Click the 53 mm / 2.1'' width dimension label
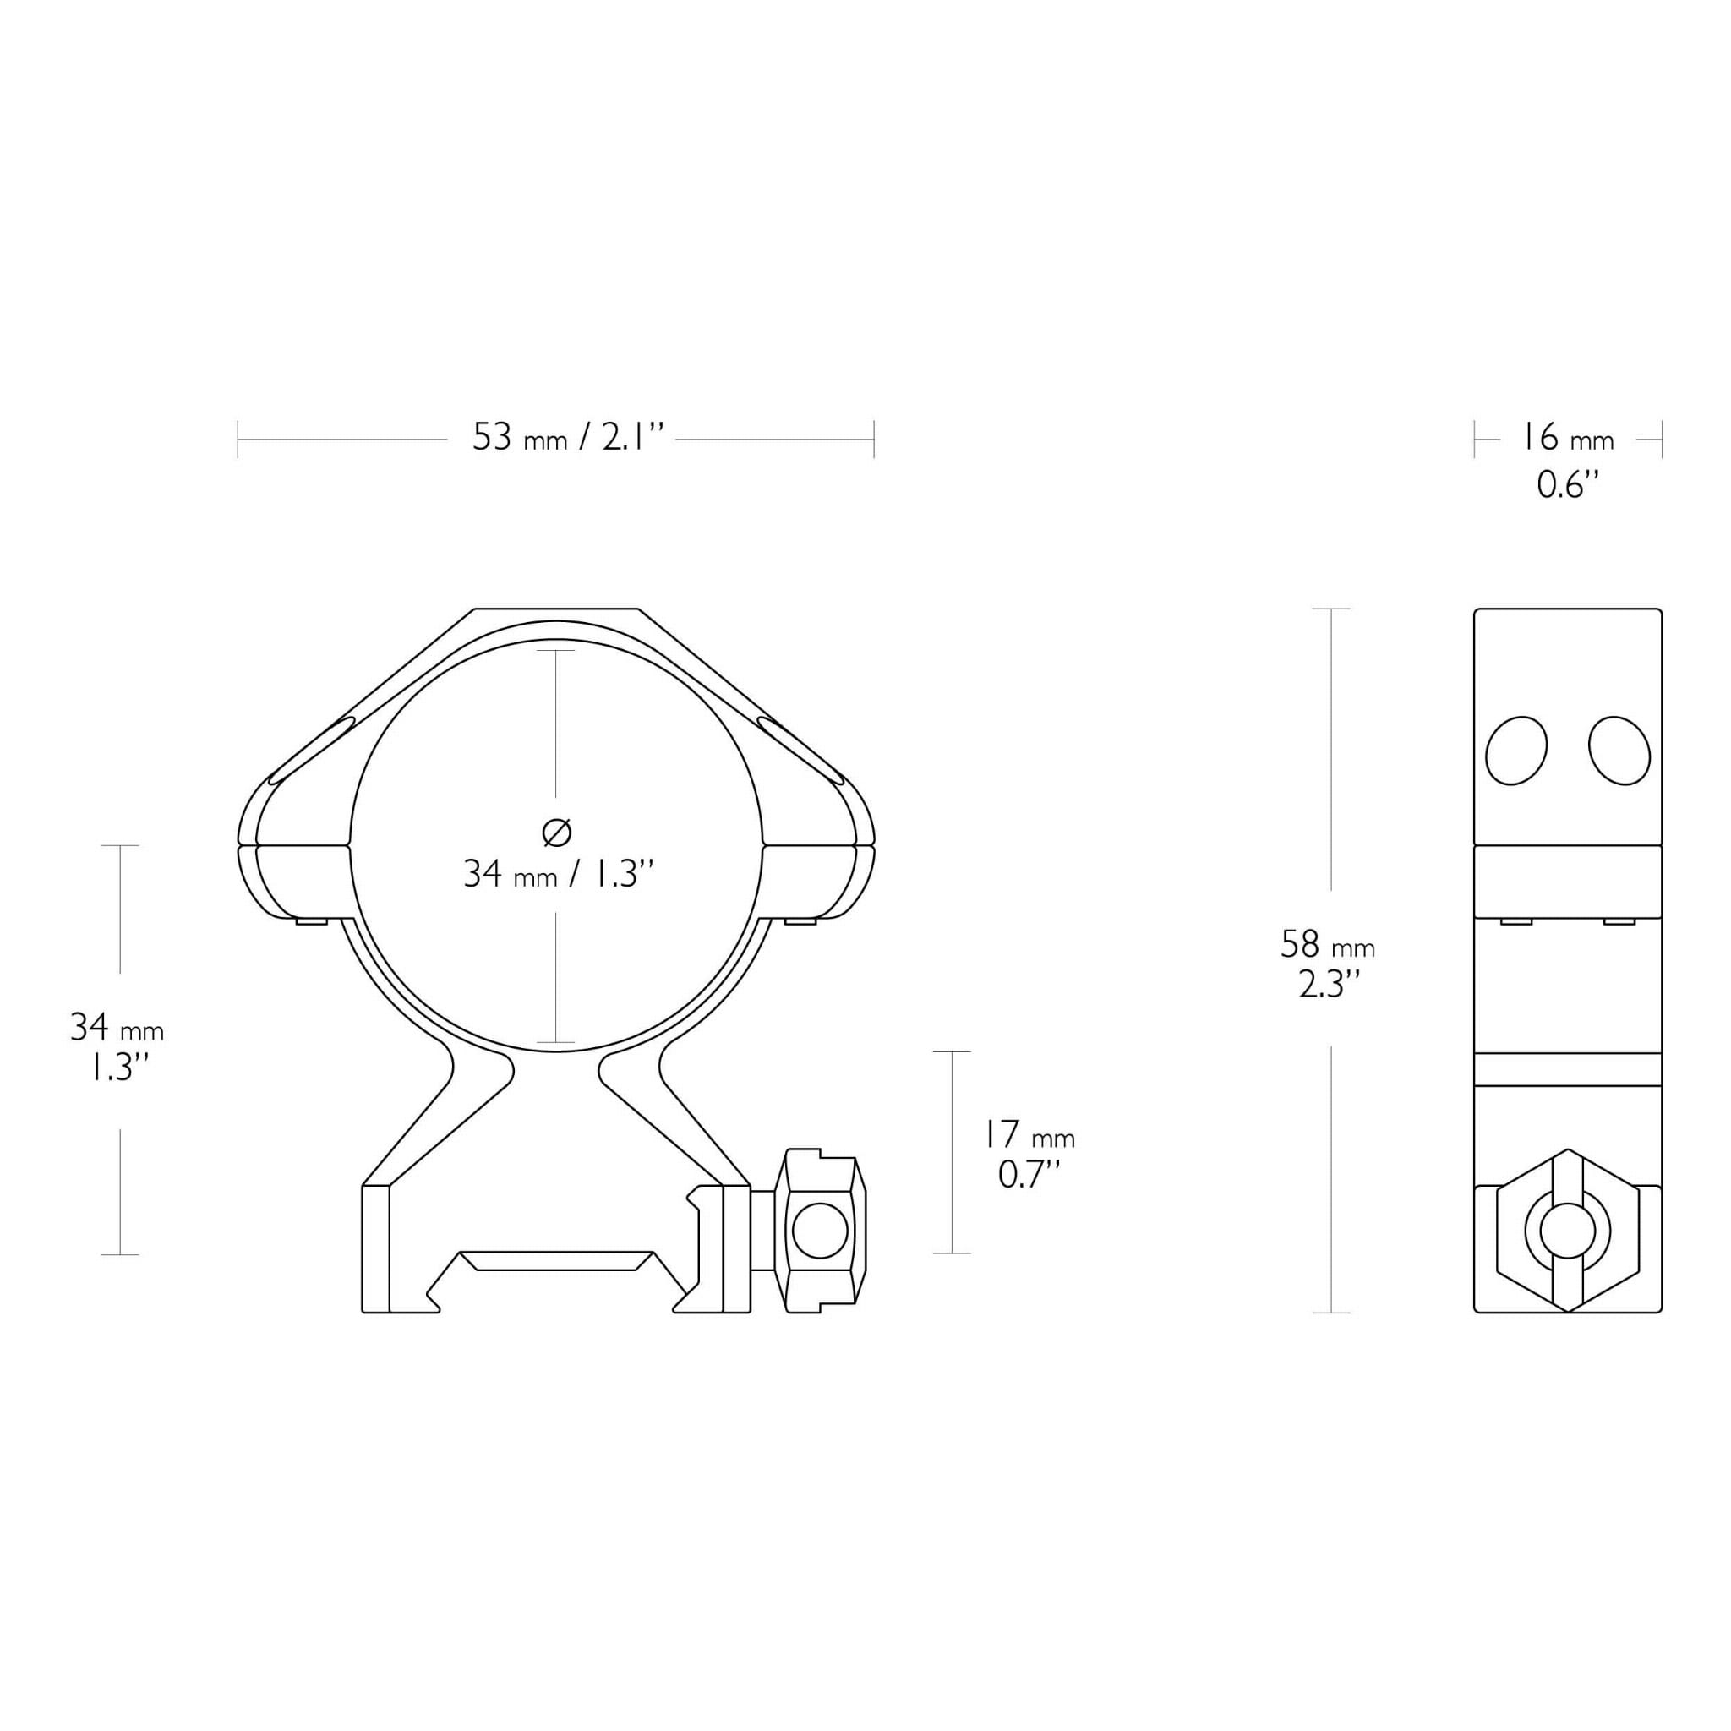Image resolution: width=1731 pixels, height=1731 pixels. [x=568, y=438]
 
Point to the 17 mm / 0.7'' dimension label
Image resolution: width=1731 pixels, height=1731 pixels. [x=1029, y=1155]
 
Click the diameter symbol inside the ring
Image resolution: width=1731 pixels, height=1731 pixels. [x=556, y=833]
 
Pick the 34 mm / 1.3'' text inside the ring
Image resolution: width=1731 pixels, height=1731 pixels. [x=557, y=874]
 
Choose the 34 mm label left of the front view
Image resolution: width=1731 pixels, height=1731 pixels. [x=117, y=1028]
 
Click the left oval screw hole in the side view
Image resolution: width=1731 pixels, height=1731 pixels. [x=1516, y=751]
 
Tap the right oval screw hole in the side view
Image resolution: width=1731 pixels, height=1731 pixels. [x=1619, y=751]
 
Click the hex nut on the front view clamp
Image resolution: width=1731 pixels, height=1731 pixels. [x=821, y=1230]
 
